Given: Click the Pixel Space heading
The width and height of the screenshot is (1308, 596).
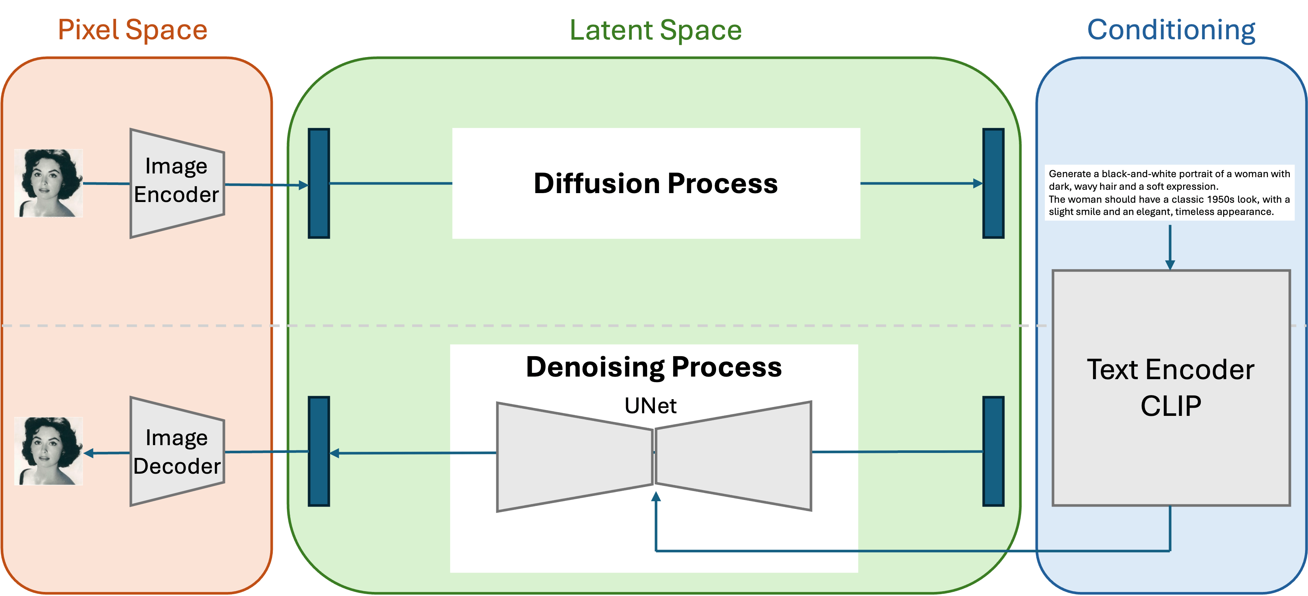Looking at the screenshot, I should click(133, 29).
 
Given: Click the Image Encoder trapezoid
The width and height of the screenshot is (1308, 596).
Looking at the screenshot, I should click(177, 183).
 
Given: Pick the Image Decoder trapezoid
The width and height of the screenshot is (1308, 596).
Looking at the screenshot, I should click(177, 452).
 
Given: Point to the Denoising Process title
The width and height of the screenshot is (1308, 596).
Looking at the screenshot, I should click(654, 367).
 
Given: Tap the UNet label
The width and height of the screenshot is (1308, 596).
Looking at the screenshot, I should click(650, 405).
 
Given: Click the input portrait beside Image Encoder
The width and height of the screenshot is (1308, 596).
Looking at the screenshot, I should click(48, 183).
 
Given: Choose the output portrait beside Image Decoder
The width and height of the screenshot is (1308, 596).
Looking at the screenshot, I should click(48, 451).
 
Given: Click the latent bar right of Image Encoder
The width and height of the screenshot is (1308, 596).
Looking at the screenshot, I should click(319, 183).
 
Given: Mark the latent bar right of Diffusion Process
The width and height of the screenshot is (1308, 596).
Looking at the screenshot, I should click(993, 183).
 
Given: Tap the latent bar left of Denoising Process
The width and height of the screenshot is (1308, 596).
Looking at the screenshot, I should click(319, 451).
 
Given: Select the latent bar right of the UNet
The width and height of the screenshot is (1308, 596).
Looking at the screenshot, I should click(993, 451).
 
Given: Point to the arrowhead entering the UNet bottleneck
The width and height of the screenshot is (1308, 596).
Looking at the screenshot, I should click(656, 497).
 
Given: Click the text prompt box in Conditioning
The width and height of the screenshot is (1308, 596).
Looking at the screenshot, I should click(1169, 192).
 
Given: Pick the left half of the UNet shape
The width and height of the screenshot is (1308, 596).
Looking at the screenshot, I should click(574, 457).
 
